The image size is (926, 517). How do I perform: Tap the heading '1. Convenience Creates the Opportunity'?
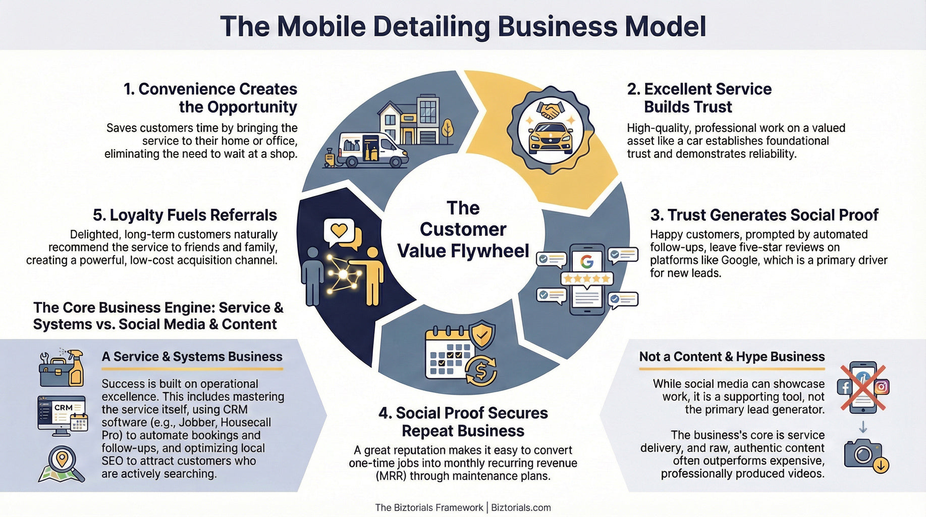pos(210,98)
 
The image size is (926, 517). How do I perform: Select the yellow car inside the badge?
pos(550,138)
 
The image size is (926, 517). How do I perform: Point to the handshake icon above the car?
pos(550,110)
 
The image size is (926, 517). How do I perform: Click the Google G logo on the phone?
pos(586,262)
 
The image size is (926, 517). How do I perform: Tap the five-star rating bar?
pos(587,278)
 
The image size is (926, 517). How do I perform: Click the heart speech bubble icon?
pos(339,231)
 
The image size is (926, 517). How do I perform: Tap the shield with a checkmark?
pos(482,334)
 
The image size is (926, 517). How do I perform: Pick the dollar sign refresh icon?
pos(480,371)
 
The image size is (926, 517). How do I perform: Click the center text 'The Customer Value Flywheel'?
pos(463,230)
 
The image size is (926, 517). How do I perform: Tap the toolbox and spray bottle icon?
pos(62,368)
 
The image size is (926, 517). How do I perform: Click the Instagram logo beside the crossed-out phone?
pos(882,387)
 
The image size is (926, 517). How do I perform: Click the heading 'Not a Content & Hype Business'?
pos(732,356)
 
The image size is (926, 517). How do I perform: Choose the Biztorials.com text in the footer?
pos(521,507)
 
